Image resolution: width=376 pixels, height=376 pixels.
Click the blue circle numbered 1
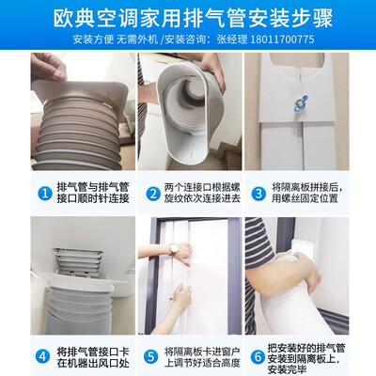click(x=45, y=194)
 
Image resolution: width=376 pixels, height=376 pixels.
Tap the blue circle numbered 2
click(x=153, y=194)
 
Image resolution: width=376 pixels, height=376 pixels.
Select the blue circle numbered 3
click(x=258, y=194)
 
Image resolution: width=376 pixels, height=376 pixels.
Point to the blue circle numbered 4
click(x=42, y=356)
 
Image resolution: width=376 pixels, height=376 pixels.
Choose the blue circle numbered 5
click(x=150, y=356)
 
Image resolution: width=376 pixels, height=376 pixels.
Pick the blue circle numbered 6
click(x=258, y=356)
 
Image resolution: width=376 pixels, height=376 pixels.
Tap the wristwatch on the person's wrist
click(x=173, y=249)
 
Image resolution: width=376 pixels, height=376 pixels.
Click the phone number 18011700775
click(x=282, y=39)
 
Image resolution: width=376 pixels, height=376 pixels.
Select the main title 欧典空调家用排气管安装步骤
click(x=193, y=19)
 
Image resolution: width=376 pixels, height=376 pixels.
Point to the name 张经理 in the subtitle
click(x=232, y=39)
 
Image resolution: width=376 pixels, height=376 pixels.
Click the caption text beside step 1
click(x=93, y=194)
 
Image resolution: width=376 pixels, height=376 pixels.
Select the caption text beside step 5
click(x=202, y=357)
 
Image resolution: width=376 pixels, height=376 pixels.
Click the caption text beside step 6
click(x=306, y=358)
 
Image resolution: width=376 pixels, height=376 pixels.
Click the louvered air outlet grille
click(x=78, y=261)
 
